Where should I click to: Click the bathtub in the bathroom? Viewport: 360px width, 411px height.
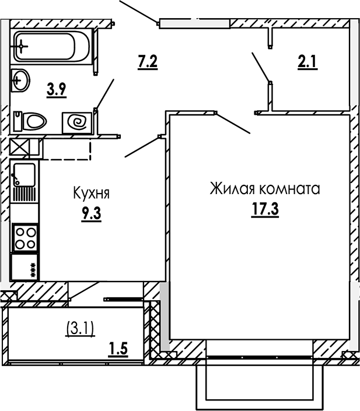point(52,45)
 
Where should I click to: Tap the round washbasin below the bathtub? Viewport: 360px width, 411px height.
point(20,79)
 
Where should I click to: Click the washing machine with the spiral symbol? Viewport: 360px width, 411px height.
point(78,122)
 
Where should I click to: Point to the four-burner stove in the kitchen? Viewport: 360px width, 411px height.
point(25,237)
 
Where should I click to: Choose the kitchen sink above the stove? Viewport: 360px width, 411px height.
point(24,181)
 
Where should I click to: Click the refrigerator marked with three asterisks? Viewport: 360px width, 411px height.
point(25,268)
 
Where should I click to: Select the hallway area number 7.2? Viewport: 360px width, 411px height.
point(148,60)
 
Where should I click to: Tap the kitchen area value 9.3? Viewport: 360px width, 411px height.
point(92,214)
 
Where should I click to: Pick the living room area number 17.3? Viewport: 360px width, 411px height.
point(264,209)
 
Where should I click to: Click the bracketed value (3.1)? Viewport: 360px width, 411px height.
point(78,329)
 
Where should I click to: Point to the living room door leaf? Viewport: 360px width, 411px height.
point(233,123)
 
